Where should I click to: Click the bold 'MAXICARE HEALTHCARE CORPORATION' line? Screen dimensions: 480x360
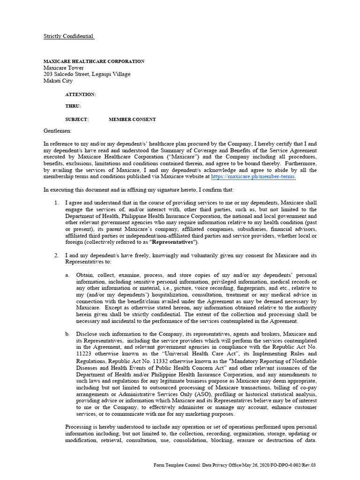point(94,61)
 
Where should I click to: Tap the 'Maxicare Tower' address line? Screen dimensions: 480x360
point(64,68)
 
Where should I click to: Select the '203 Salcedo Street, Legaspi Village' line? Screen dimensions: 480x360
point(87,74)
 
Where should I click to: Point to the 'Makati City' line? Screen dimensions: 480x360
point(58,81)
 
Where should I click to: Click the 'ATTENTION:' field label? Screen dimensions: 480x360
point(80,94)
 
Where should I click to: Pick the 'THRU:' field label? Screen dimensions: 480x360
point(73,106)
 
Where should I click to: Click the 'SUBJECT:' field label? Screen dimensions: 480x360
point(76,120)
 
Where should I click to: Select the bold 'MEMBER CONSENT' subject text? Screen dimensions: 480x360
point(132,120)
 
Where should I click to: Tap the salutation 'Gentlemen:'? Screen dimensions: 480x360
point(58,131)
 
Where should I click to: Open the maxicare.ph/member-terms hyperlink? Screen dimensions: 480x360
point(253,177)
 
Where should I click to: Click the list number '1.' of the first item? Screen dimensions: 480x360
point(56,203)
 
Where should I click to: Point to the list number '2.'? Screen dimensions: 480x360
point(56,255)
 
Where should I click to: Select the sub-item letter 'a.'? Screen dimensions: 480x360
point(67,275)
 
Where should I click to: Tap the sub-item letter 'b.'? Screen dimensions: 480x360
point(67,334)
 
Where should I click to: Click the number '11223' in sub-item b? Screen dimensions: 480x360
point(84,353)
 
